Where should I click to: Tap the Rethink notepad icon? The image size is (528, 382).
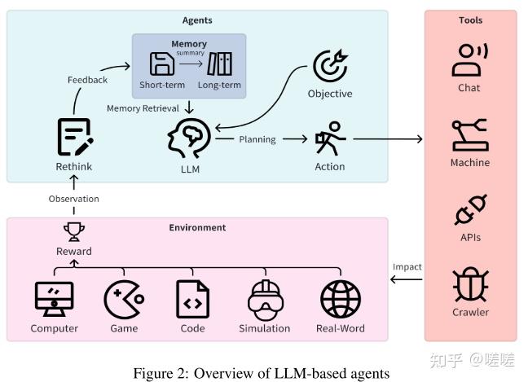[x=74, y=137]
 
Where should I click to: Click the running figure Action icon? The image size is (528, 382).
[x=330, y=139]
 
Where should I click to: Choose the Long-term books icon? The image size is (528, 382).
[x=219, y=64]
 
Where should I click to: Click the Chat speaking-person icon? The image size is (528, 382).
[x=470, y=59]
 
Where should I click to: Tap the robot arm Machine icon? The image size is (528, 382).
[x=470, y=135]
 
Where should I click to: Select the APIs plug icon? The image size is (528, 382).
[x=470, y=210]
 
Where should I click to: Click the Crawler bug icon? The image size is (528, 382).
[x=470, y=284]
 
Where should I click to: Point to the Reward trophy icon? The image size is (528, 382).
[x=74, y=232]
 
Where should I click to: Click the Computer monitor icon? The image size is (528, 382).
[x=55, y=299]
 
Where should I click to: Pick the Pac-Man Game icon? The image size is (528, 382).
[x=124, y=299]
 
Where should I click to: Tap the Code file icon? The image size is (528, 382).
[x=192, y=299]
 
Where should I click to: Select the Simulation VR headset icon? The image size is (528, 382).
[x=264, y=299]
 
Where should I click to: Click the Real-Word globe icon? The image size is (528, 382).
[x=340, y=299]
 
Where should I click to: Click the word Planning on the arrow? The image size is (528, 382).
[x=257, y=139]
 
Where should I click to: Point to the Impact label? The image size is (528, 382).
[x=407, y=266]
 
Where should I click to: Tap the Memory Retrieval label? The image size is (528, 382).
[x=143, y=108]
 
